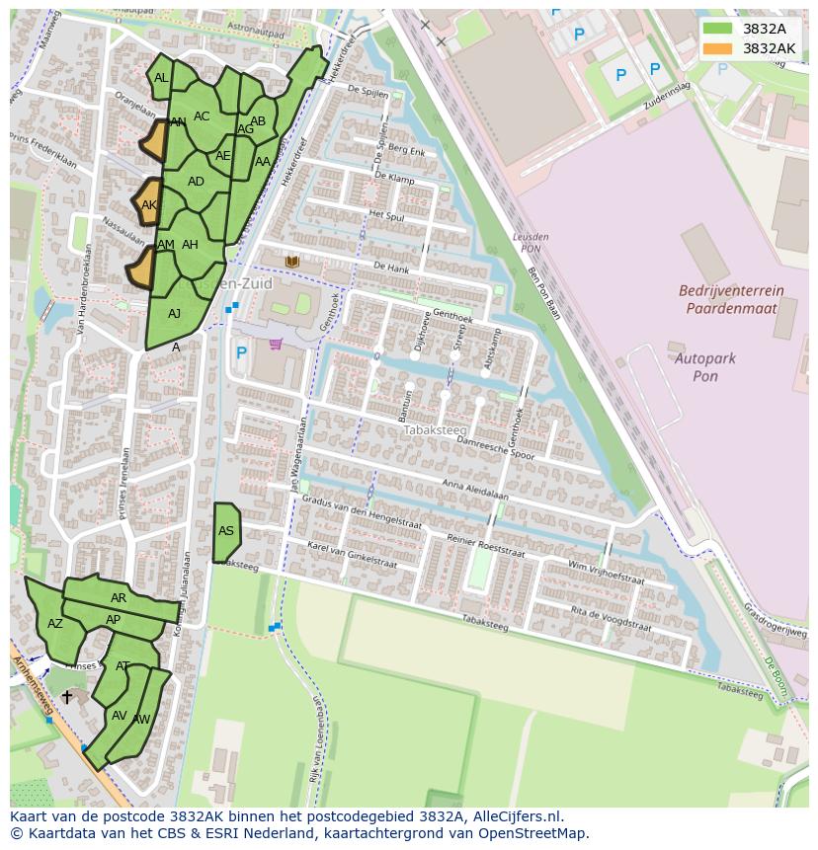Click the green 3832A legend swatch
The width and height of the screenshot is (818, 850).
tap(717, 29)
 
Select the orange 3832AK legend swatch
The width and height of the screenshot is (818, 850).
tap(717, 48)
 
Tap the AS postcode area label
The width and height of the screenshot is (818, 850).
tap(226, 531)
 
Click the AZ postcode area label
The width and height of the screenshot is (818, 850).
tap(55, 624)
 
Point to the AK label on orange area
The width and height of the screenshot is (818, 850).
tap(149, 205)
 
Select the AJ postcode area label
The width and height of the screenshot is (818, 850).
tap(174, 314)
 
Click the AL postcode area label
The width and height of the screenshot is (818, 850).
tap(161, 78)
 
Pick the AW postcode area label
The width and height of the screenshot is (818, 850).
tap(141, 720)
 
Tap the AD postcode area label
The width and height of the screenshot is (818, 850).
tap(196, 182)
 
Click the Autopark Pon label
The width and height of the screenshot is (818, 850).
tap(704, 367)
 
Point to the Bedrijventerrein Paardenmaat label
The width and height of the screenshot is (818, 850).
tap(731, 299)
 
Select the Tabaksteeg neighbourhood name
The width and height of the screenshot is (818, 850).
tap(428, 430)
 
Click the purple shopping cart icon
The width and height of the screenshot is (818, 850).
tap(275, 344)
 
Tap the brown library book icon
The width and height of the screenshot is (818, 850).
tap(291, 261)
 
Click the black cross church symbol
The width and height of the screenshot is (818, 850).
tap(66, 697)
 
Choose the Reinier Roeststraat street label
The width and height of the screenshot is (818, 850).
tap(485, 543)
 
